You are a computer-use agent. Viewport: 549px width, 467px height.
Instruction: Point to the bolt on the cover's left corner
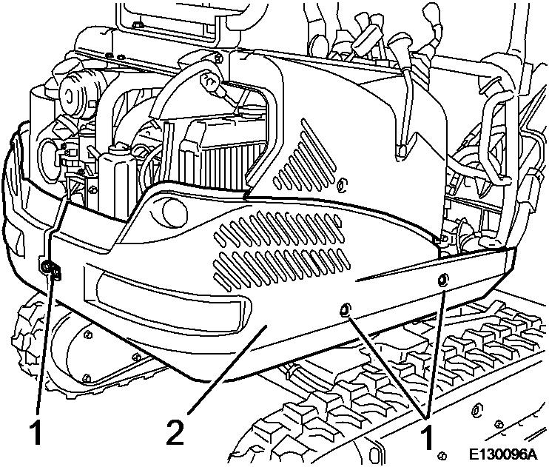[x=48, y=268]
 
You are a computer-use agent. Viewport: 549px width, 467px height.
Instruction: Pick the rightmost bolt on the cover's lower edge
[x=442, y=280]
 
